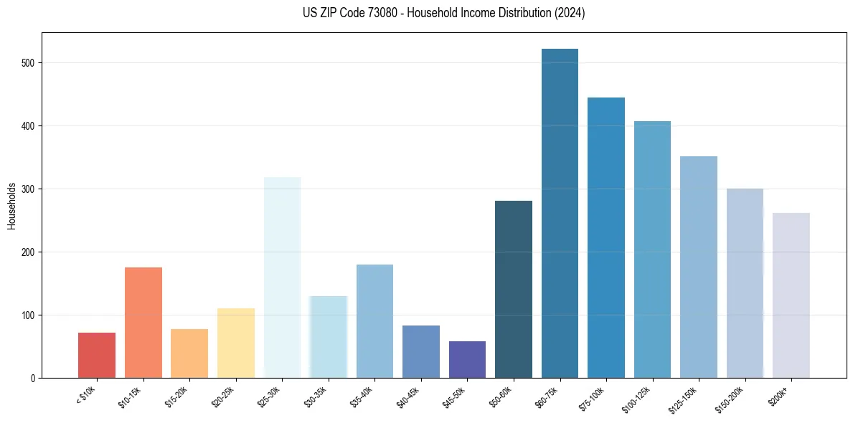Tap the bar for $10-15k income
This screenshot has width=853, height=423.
[x=143, y=323]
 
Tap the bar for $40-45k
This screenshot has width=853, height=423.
[x=421, y=351]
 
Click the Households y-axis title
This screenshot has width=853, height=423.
[x=11, y=205]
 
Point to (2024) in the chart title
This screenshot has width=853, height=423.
[x=569, y=13]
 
